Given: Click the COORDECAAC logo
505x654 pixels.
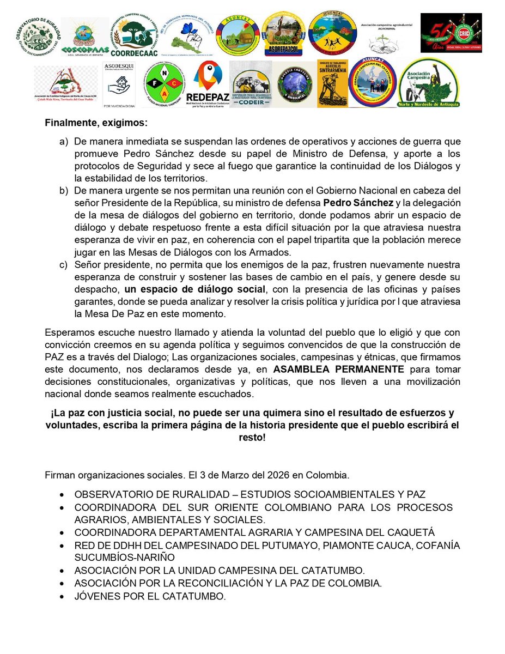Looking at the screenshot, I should click(x=133, y=35).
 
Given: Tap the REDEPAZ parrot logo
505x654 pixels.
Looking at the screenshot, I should click(x=208, y=84).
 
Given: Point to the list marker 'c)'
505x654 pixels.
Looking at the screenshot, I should click(x=64, y=265).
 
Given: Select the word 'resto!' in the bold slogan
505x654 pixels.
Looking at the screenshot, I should click(x=252, y=438).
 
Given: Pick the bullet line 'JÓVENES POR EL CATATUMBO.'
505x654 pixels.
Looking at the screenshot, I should click(x=149, y=597).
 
